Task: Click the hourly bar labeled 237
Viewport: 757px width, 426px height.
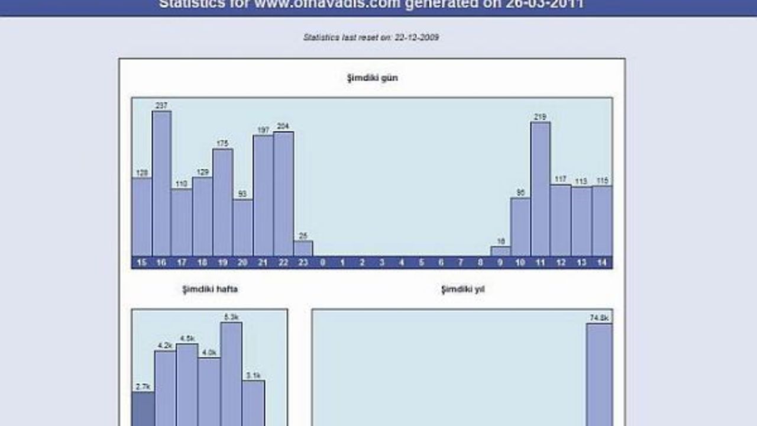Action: tap(161, 183)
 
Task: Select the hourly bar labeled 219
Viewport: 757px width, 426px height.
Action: tap(541, 189)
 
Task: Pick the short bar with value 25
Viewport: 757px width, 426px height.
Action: tap(303, 248)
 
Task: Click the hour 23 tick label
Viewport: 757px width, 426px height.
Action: tap(303, 263)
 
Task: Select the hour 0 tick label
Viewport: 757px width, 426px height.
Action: tap(323, 263)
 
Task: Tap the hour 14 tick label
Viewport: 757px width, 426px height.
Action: tap(602, 263)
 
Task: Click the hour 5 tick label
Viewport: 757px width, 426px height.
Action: tap(422, 263)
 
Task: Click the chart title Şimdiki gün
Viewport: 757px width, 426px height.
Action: tap(372, 78)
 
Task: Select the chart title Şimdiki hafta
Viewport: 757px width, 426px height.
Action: tap(210, 289)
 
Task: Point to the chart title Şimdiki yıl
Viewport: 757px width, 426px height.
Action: tap(463, 289)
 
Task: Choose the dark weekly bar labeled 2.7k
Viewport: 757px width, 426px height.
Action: tap(143, 409)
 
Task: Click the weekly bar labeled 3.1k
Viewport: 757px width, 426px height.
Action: tap(253, 403)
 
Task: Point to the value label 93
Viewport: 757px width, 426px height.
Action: tap(242, 194)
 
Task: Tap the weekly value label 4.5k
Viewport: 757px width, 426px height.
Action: tap(187, 338)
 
